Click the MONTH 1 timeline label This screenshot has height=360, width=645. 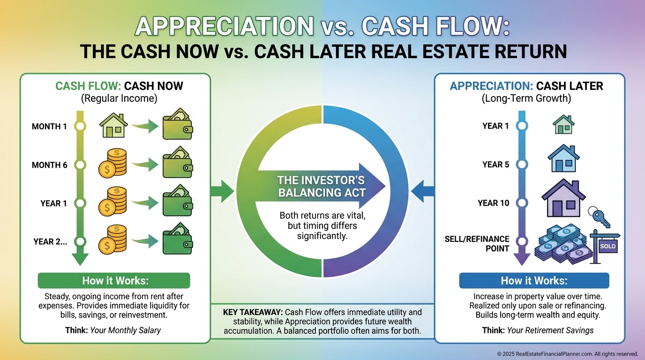pos(49,127)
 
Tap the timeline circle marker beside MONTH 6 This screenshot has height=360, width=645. pos(80,165)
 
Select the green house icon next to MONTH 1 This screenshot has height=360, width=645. pos(113,125)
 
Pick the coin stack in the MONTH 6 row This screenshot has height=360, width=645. pos(112,163)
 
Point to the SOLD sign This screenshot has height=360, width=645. pos(607,246)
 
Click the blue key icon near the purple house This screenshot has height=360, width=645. pos(600,217)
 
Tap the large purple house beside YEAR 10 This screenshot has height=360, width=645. pos(563,198)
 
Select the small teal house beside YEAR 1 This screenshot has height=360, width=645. pos(563,124)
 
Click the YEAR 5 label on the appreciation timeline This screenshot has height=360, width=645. pos(495,165)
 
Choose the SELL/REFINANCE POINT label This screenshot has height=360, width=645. pos(477,244)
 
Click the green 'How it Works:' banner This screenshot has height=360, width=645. pos(114,280)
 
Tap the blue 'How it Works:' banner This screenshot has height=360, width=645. pos(534,280)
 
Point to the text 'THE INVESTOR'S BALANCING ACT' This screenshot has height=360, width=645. pos(322,187)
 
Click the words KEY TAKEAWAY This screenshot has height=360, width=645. pos(253,312)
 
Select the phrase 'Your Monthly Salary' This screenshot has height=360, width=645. pos(126,330)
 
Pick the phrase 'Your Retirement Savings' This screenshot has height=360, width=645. pos(550,330)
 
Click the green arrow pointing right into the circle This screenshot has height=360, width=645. pos(222,191)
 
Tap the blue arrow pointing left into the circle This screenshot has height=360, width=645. pos(423,191)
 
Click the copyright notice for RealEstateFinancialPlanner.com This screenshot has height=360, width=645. pos(568,353)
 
